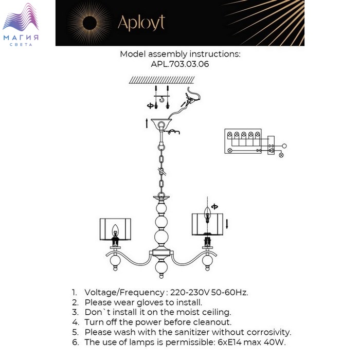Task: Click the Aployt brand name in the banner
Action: (141, 23)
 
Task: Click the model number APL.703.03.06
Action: (180, 65)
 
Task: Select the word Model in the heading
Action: (133, 54)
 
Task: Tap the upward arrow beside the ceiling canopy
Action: (147, 123)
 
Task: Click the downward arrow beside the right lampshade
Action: (226, 223)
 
